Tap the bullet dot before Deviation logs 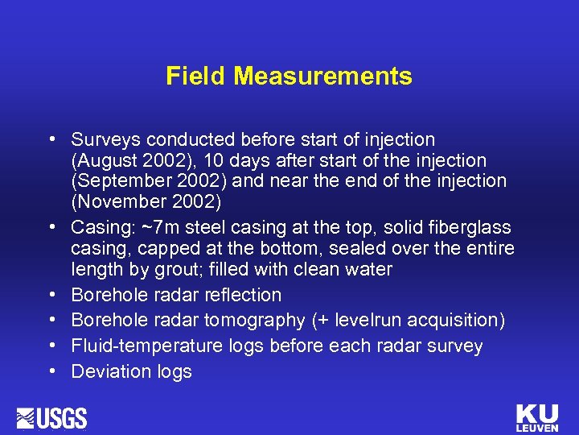pos(52,372)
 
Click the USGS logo pos(51,418)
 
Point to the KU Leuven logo pos(537,417)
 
